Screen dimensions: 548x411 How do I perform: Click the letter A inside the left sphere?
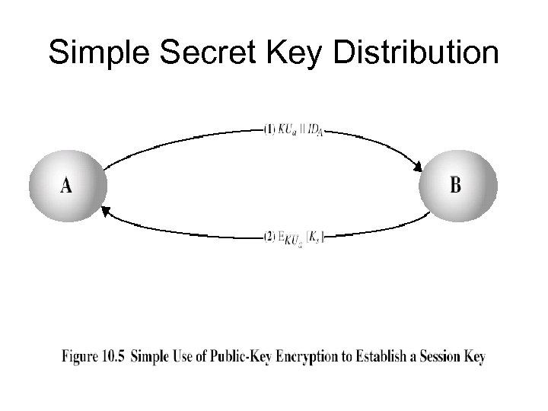coord(66,185)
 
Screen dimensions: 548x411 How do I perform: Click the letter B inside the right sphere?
coord(455,185)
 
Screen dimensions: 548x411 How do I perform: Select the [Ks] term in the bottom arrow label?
coord(314,237)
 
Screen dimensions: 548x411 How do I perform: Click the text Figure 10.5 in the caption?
coord(94,356)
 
